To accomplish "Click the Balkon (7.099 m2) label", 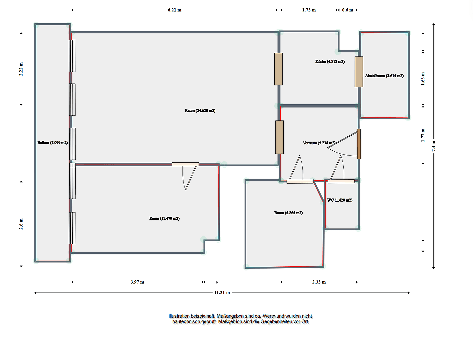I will (x=52, y=143).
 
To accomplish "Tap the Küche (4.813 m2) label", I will (x=330, y=62).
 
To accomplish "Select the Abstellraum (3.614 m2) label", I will (x=384, y=76).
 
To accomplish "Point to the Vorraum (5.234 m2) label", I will (x=319, y=143).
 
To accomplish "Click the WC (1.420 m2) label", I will (x=340, y=200).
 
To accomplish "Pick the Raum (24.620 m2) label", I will (x=200, y=111).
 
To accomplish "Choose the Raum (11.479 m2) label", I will (x=164, y=219).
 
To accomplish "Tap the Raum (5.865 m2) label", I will (x=288, y=213).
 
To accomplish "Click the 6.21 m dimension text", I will (x=174, y=10).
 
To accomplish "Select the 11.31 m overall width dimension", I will (x=222, y=293).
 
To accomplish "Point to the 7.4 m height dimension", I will (x=434, y=146).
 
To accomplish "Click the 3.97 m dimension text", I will (x=137, y=282).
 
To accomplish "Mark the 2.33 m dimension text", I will (x=319, y=282).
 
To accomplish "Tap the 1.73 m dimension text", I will (x=309, y=10).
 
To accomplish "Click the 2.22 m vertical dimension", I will (x=21, y=69).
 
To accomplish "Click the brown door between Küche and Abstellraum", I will (x=359, y=72).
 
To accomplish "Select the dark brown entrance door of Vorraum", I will (x=359, y=144).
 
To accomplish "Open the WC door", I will (x=341, y=181).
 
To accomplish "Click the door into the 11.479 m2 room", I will (x=185, y=164).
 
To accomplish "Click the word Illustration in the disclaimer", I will (x=179, y=316).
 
